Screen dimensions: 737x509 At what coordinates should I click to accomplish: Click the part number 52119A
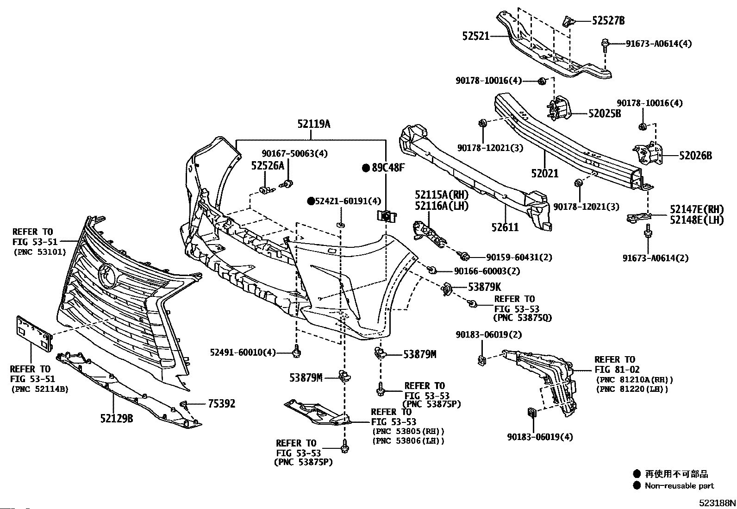click(314, 124)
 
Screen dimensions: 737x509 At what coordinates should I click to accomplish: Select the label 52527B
click(608, 21)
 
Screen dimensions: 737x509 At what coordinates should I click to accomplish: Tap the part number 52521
click(476, 36)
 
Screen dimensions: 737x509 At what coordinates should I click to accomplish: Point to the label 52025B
click(605, 113)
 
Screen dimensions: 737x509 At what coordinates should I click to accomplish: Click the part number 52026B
click(695, 156)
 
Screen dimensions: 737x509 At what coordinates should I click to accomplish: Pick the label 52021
click(545, 173)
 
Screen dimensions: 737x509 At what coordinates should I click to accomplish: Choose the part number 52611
click(505, 227)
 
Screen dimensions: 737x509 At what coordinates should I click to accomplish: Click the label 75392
click(222, 404)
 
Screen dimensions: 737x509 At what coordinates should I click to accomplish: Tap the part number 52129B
click(117, 419)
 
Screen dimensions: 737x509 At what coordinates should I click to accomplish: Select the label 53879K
click(485, 287)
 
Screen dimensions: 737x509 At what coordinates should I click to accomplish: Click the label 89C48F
click(388, 168)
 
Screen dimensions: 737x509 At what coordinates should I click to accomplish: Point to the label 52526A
click(268, 166)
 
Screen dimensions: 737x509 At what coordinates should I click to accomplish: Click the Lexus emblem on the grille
click(107, 276)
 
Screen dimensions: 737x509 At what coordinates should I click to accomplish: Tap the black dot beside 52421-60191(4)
click(311, 201)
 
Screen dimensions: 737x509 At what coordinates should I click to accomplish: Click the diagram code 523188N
click(717, 503)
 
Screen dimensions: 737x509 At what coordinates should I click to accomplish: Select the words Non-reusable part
click(680, 486)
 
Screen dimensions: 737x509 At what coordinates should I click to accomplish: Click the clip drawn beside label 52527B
click(568, 21)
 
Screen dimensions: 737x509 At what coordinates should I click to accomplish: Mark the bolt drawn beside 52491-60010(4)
click(297, 352)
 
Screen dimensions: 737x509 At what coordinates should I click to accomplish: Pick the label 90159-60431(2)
click(519, 257)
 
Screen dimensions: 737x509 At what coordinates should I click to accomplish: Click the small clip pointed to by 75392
click(184, 404)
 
